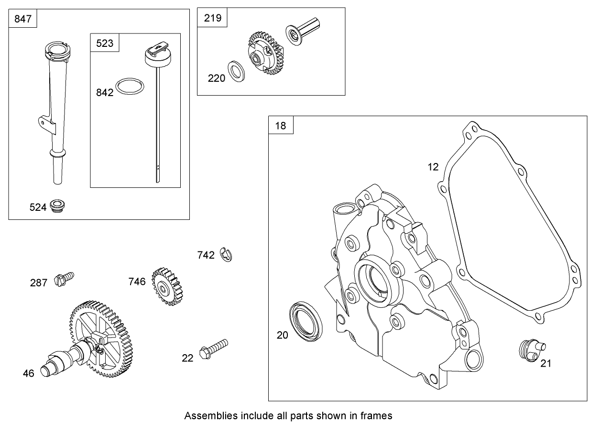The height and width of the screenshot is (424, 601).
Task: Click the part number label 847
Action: click(x=23, y=19)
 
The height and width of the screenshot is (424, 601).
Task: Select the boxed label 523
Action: click(x=105, y=43)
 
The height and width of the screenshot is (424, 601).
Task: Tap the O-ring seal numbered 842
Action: click(x=131, y=87)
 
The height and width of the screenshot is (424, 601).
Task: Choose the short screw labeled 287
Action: click(x=64, y=278)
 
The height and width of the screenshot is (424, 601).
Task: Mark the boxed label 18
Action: click(x=281, y=126)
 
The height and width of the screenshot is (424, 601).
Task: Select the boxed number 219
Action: click(x=212, y=18)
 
